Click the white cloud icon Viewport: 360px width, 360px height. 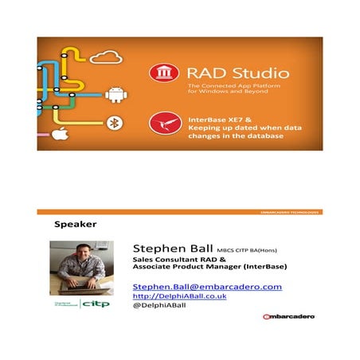click(x=105, y=57)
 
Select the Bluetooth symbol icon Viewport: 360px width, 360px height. click(x=113, y=122)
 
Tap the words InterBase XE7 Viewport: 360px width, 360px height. click(x=209, y=116)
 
